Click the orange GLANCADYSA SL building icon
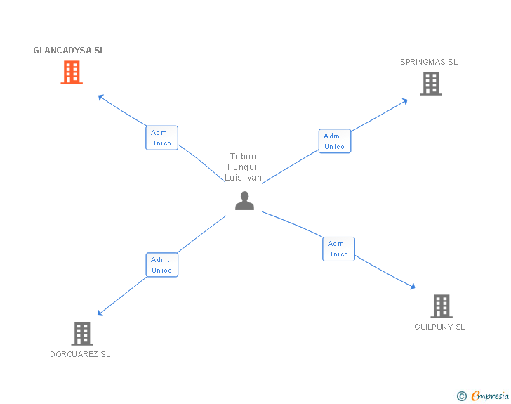[72, 72]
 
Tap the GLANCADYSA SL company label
[69, 51]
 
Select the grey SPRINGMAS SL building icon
[430, 84]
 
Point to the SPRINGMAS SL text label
[429, 62]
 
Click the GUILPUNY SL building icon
[441, 306]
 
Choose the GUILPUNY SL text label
[439, 327]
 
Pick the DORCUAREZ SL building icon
[82, 334]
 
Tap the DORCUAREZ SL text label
[80, 354]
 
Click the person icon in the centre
[244, 201]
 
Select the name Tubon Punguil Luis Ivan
[243, 167]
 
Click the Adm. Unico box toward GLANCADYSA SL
[161, 138]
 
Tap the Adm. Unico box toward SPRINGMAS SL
[334, 141]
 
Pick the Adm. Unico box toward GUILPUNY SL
[338, 249]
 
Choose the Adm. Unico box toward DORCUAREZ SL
[161, 265]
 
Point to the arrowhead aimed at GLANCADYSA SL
[101, 97]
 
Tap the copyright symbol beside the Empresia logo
[461, 396]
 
